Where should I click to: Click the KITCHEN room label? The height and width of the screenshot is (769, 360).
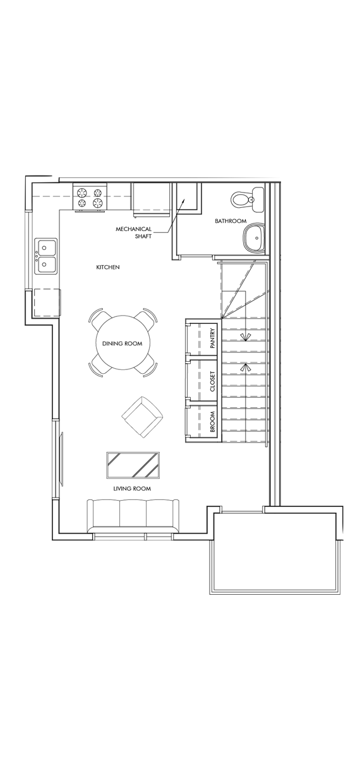(x=107, y=268)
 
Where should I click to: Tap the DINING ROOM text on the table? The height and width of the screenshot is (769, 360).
(x=122, y=343)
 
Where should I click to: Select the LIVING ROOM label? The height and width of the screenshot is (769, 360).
(x=132, y=489)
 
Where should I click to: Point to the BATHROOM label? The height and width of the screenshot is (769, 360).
(x=230, y=221)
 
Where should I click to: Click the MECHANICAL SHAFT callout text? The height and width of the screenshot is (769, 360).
(x=133, y=232)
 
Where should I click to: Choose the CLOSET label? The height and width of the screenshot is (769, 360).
(x=213, y=381)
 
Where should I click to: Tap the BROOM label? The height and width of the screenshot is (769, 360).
(x=213, y=422)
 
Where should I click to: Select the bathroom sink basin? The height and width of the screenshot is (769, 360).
(x=256, y=237)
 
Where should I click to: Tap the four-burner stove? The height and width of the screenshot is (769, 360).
(x=90, y=197)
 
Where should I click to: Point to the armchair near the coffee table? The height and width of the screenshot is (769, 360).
(x=141, y=417)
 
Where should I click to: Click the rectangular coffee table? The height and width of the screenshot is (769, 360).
(x=132, y=467)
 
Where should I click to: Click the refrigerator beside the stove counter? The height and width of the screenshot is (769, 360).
(x=150, y=197)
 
